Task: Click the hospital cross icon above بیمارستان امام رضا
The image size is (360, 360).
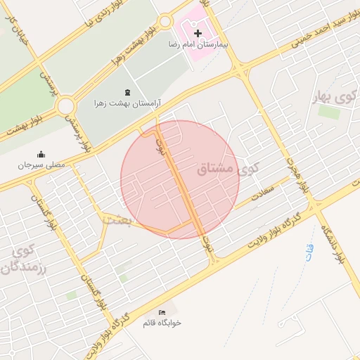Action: (198, 33)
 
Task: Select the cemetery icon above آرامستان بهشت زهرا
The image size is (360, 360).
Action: (127, 93)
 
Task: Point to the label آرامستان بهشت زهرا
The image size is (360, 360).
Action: (127, 103)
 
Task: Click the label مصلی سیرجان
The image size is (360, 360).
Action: (41, 165)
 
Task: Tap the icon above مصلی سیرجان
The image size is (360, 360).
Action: (41, 154)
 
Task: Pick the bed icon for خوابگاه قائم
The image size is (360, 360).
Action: (162, 311)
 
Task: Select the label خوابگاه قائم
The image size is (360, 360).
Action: (162, 323)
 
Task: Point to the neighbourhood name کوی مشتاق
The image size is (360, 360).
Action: (224, 169)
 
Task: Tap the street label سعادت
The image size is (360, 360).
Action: (260, 191)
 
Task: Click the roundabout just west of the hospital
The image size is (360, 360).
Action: (165, 21)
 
